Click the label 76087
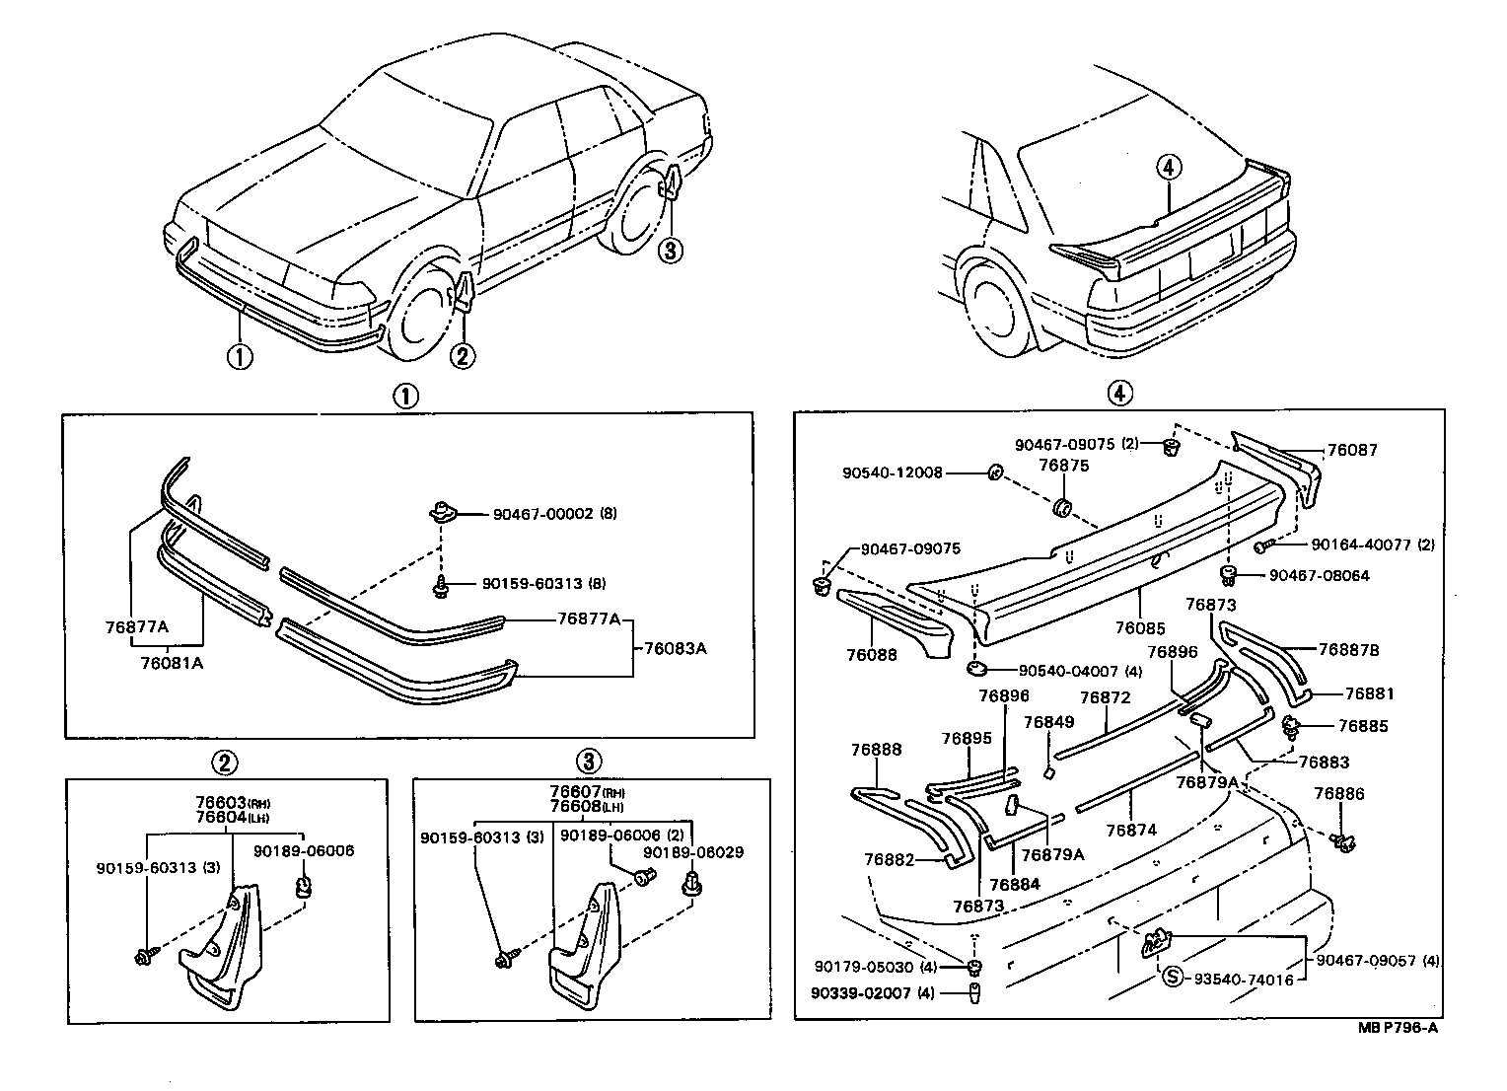[x=1352, y=450]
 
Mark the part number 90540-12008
[x=892, y=473]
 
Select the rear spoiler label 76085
[x=1140, y=627]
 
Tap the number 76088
[x=871, y=655]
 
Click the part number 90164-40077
[x=1360, y=544]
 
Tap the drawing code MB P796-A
[x=1398, y=1028]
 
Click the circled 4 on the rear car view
[x=1168, y=169]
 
